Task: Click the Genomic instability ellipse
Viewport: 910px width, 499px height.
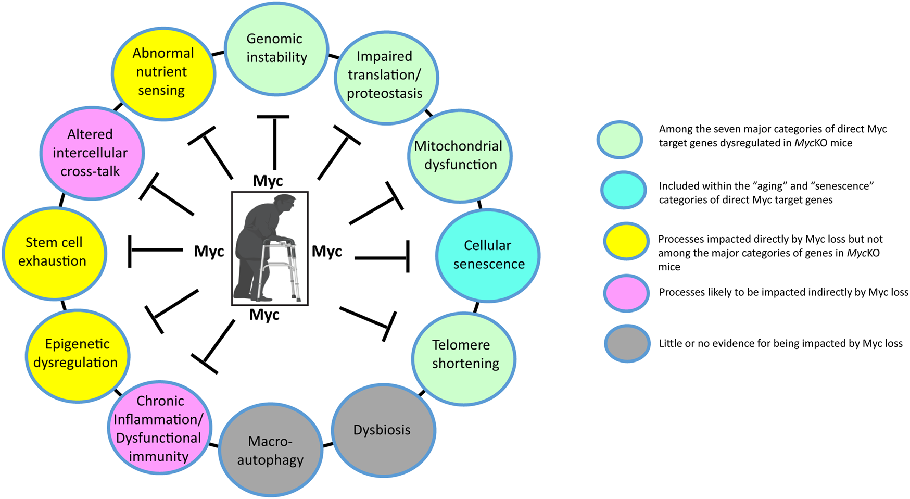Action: click(x=276, y=48)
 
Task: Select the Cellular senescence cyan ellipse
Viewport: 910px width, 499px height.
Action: click(x=488, y=255)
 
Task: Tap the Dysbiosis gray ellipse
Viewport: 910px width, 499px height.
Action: click(x=383, y=430)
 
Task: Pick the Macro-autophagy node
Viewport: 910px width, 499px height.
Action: click(x=270, y=451)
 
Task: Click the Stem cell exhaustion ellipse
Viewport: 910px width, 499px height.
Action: click(x=54, y=252)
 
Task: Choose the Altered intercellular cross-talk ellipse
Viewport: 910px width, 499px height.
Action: click(x=92, y=153)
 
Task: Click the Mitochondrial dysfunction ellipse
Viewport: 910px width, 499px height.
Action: click(x=460, y=155)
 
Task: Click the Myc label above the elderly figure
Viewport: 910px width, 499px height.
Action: click(x=268, y=181)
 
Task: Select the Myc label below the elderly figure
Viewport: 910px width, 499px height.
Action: click(x=264, y=315)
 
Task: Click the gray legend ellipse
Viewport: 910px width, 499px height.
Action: click(x=627, y=344)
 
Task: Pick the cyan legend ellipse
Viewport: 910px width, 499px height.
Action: click(x=623, y=190)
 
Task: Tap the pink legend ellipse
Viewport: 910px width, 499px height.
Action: click(x=626, y=293)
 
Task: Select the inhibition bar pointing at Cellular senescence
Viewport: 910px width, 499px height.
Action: click(x=408, y=256)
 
